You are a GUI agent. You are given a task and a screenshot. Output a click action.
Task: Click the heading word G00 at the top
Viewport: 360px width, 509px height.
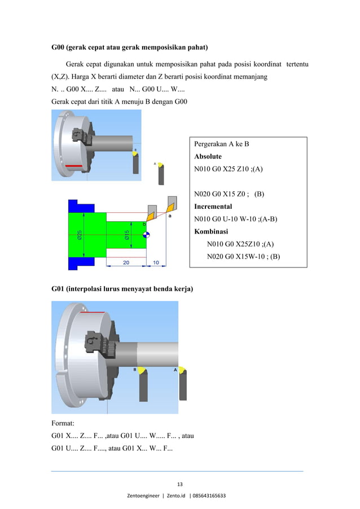tap(59, 46)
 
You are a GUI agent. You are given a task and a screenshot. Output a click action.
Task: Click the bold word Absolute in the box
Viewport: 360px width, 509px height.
tap(208, 156)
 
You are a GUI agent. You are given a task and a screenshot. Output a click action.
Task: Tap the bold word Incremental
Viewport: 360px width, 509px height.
tap(213, 207)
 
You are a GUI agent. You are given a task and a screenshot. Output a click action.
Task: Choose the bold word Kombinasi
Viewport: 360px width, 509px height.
tap(211, 231)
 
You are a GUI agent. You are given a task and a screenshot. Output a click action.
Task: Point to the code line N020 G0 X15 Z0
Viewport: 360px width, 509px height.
tap(229, 194)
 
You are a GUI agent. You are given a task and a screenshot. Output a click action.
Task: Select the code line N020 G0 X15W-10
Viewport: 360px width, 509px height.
tap(244, 256)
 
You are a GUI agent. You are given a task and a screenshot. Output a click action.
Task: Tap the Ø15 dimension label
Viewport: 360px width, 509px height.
tap(128, 236)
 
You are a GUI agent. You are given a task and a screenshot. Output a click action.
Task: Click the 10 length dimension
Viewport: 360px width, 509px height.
tap(155, 262)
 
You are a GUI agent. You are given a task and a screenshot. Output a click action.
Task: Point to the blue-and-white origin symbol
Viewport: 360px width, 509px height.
tap(146, 236)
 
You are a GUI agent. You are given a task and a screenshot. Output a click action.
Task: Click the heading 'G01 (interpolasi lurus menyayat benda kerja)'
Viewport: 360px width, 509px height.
tap(122, 289)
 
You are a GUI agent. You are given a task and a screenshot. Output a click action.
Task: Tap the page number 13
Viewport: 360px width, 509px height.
tap(180, 484)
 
